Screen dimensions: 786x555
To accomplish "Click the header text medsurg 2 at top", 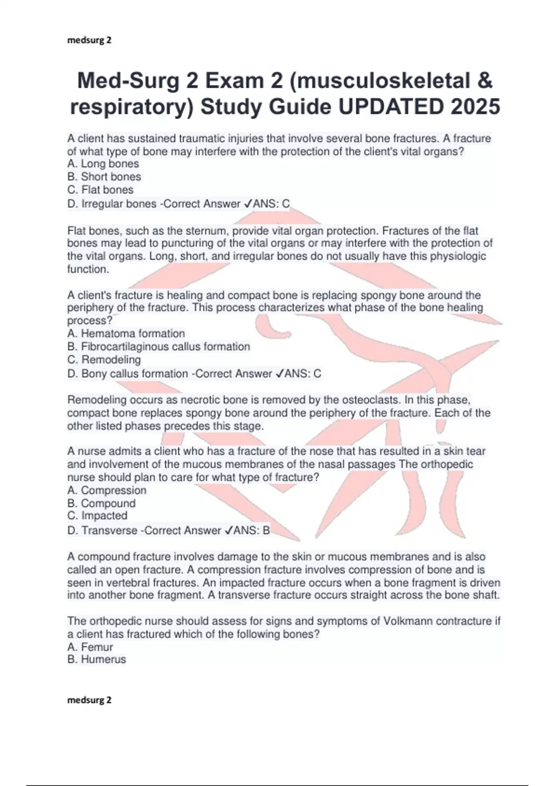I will [x=89, y=40].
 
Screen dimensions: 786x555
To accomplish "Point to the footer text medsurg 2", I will [x=89, y=700].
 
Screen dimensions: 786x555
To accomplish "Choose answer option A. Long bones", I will [x=103, y=164].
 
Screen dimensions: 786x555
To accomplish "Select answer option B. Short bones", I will [x=104, y=177].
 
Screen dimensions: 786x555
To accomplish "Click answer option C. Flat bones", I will [x=100, y=190].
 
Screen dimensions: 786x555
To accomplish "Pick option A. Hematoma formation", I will [x=126, y=333].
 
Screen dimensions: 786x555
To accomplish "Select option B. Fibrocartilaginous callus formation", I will [x=159, y=346].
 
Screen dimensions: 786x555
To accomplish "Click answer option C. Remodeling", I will [x=104, y=359].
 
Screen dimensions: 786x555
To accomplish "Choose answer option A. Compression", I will [x=107, y=490].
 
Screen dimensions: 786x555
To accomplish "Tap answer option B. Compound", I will [x=101, y=503].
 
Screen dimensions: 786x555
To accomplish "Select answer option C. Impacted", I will [x=97, y=516].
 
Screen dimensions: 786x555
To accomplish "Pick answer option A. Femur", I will [x=90, y=647].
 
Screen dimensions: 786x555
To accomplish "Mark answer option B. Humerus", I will [x=97, y=659].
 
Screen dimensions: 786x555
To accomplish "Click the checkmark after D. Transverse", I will [x=228, y=530].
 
